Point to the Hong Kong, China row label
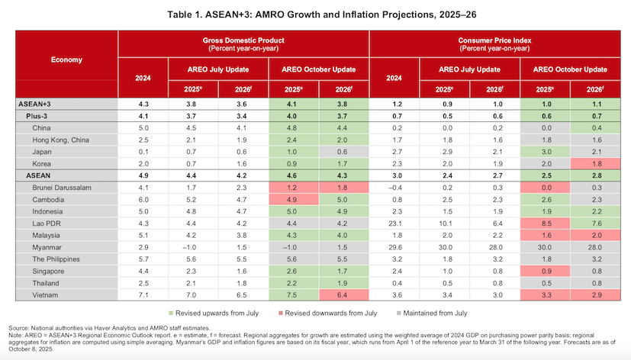pyautogui.click(x=60, y=140)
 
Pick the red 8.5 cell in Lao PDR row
pyautogui.click(x=546, y=223)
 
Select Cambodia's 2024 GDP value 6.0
pyautogui.click(x=143, y=199)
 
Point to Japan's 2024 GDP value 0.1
pyautogui.click(x=143, y=151)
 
